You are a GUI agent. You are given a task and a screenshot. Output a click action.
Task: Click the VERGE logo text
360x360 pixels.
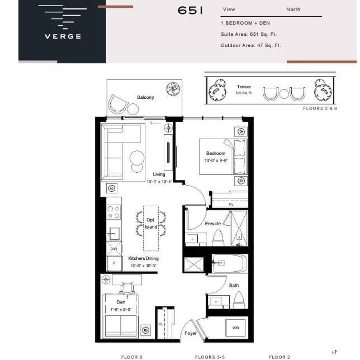coord(63,37)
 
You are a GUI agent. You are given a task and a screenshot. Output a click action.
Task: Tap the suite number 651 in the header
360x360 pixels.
coord(191,10)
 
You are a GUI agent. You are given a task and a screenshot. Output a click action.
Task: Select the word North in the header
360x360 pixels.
coord(293,10)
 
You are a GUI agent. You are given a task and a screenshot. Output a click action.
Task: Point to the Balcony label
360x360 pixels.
coord(145,97)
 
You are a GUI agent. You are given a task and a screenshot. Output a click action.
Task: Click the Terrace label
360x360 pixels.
coord(244,87)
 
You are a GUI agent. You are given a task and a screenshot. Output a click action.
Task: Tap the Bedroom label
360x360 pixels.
coord(215,153)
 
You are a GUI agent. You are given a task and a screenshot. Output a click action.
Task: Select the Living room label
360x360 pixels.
coord(159,174)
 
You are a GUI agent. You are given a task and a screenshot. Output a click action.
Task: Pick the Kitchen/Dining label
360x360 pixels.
coord(144,258)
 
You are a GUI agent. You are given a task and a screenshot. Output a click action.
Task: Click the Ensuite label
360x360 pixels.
coord(212,224)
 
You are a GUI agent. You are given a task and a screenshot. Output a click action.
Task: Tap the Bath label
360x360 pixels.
coord(234,285)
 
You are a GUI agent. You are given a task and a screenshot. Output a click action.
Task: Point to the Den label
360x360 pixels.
coord(121,302)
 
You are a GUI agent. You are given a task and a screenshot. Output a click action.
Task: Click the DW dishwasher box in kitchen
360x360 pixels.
coord(113,249)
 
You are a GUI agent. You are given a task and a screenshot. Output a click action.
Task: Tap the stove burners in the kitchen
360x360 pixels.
coord(114,212)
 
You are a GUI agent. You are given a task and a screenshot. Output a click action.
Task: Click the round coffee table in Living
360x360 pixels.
coord(138,159)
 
